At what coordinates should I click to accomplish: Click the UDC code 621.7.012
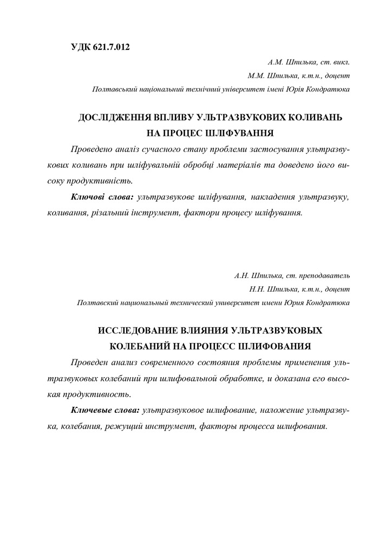click(x=111, y=47)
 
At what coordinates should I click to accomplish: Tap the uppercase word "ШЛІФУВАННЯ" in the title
click(x=240, y=131)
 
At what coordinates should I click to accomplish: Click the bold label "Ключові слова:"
click(x=102, y=197)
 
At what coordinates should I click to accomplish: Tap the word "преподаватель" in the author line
click(x=329, y=275)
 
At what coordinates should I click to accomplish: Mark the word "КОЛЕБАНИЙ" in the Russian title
click(x=143, y=345)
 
